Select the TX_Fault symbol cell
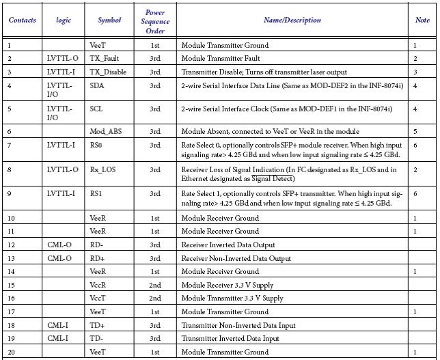tap(104, 59)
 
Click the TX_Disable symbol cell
tap(108, 72)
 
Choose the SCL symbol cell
tap(96, 108)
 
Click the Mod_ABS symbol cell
tap(106, 130)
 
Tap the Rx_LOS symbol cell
tap(103, 170)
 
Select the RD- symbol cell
tap(96, 245)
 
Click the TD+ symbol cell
tap(96, 325)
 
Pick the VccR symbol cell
tap(98, 285)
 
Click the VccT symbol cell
tap(98, 299)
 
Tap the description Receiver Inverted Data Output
tap(228, 245)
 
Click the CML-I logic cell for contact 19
tap(57, 339)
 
